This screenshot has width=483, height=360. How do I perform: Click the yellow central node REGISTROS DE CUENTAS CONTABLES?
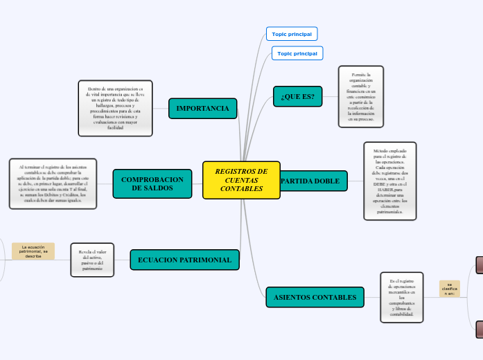point(241,180)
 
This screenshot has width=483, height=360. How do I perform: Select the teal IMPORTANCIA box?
point(202,109)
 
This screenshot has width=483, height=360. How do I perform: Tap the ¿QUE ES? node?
point(298,97)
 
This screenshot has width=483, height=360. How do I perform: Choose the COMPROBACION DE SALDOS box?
point(152,183)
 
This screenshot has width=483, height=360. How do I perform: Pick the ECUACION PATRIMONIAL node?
point(185,260)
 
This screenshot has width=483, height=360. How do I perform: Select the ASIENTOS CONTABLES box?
point(315,298)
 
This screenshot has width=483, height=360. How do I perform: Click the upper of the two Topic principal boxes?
point(292,34)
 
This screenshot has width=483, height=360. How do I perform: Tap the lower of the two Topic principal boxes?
point(297,53)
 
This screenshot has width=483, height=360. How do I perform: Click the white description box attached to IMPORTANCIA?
point(115,108)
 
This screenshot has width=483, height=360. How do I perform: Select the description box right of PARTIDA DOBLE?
point(390,181)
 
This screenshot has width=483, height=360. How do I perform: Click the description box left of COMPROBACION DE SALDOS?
point(53,183)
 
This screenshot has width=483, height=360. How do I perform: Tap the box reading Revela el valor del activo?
point(92,260)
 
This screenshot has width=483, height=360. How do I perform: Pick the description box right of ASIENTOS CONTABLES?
point(402,297)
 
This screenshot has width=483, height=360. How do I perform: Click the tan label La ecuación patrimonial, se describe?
point(33,251)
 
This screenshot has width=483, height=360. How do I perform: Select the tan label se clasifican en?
point(450,289)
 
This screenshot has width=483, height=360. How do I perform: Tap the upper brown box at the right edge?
point(480,265)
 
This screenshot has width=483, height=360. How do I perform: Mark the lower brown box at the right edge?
point(480,330)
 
